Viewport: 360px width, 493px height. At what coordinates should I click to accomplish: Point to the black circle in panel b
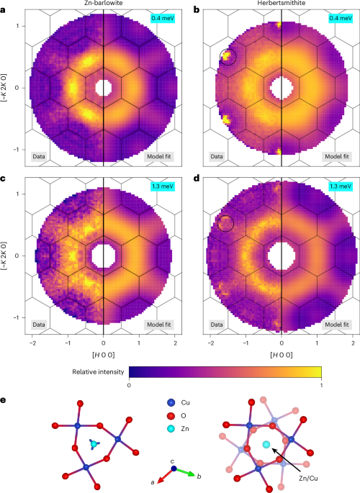click(x=228, y=56)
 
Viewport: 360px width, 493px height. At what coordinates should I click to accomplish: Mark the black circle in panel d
click(x=227, y=223)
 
